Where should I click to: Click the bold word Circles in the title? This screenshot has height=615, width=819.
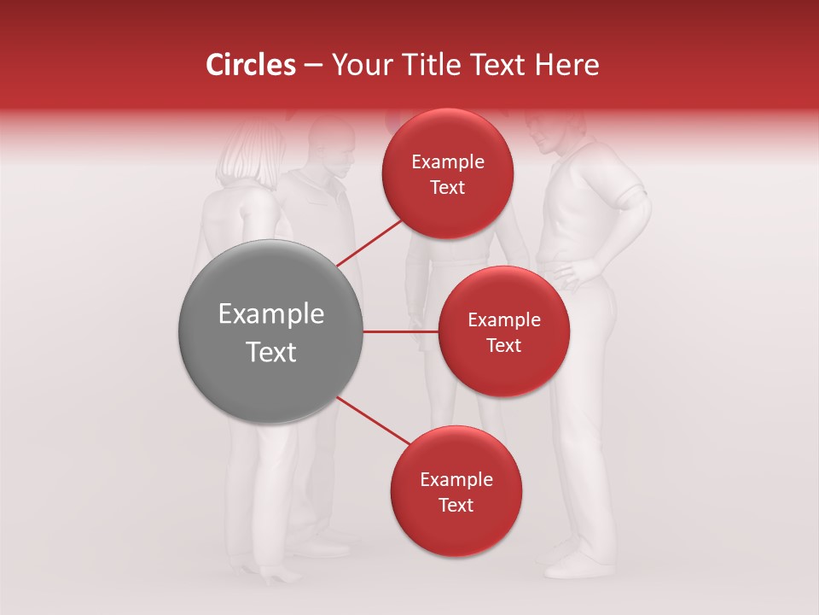pos(250,65)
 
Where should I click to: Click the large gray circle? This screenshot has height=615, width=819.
pos(271,331)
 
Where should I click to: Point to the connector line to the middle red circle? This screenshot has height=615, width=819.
pos(400,331)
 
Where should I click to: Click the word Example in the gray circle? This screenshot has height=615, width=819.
pos(271,314)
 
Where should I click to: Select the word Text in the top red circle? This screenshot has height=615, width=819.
pos(448,188)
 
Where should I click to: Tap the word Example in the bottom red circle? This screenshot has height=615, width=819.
pos(456,480)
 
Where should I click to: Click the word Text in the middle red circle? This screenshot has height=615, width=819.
pos(503,345)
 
